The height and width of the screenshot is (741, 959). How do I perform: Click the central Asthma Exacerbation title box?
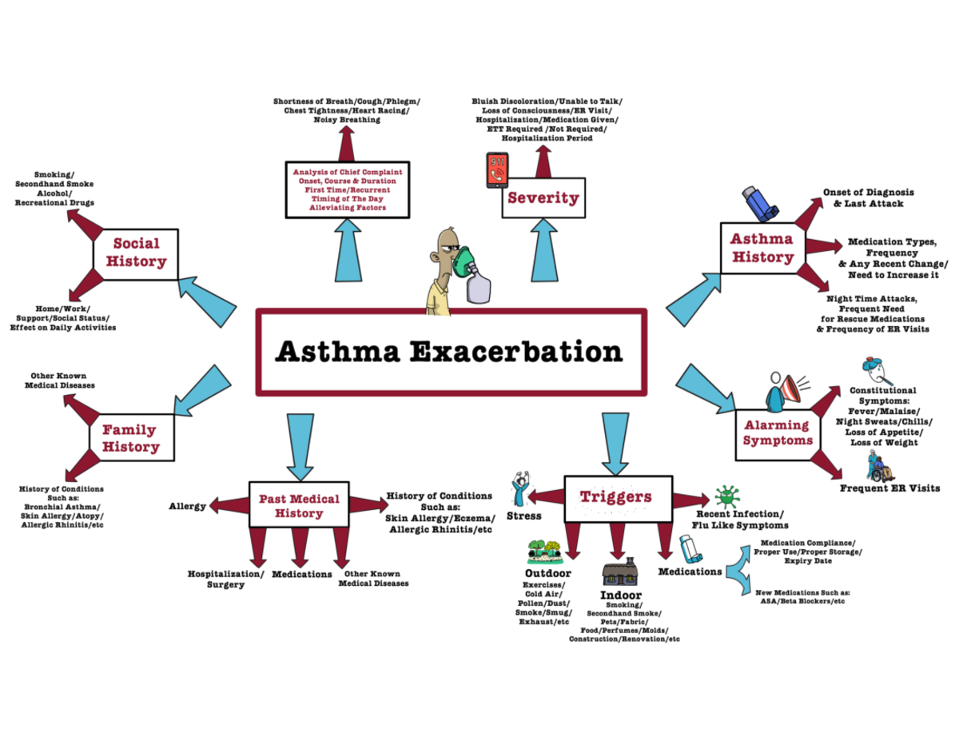point(450,352)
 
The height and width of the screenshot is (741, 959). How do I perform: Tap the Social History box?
point(136,252)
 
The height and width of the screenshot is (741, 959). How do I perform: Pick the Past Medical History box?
point(298,504)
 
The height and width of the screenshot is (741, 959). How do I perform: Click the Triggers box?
point(615,496)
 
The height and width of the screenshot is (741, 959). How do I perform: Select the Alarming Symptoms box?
point(776,432)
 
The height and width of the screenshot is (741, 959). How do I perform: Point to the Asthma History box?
point(762,248)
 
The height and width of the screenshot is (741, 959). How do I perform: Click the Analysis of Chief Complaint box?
point(347,189)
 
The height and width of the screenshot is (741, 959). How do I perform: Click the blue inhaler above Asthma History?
point(758,203)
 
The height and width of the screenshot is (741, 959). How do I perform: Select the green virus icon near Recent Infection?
point(726,496)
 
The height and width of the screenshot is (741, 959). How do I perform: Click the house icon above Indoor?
point(619,573)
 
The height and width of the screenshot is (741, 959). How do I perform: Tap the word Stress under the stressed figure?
point(523,516)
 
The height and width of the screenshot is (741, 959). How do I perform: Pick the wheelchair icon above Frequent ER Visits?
point(878,465)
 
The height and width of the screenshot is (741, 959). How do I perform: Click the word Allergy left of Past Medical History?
point(187,506)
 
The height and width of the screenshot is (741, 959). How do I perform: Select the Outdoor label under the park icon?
point(547,574)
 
